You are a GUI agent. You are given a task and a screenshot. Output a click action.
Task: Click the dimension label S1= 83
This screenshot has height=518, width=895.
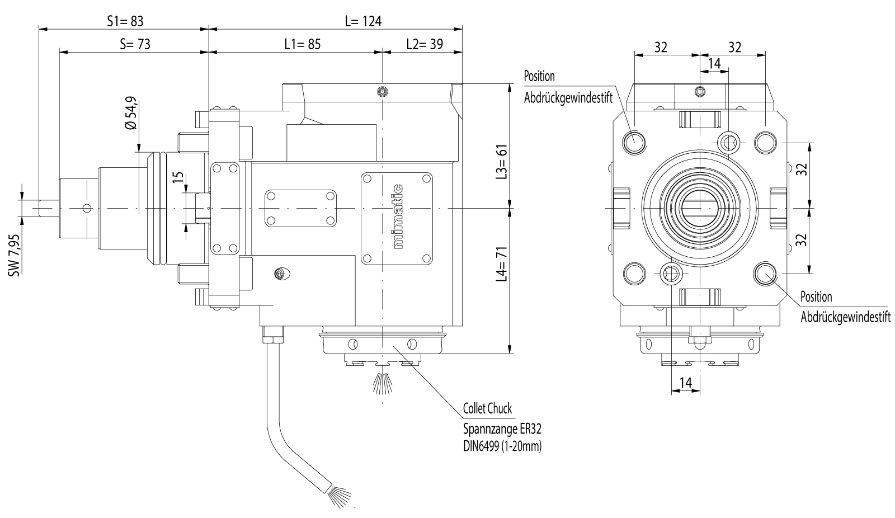[125, 21]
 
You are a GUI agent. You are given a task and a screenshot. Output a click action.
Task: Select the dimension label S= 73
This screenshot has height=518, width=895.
[135, 44]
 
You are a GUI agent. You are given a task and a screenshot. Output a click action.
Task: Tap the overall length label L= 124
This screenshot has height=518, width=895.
[363, 21]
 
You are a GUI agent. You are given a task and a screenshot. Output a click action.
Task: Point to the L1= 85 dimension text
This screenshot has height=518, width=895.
[302, 44]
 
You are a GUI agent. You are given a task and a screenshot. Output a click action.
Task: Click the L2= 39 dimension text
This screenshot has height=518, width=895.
[425, 44]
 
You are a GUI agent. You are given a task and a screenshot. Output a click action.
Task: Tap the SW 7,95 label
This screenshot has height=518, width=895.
[15, 254]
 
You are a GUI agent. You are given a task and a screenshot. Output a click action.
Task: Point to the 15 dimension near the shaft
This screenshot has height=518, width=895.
[178, 177]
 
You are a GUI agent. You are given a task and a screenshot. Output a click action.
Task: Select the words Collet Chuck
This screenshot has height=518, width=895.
[487, 409]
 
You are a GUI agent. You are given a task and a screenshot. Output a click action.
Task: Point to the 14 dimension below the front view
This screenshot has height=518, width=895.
[685, 383]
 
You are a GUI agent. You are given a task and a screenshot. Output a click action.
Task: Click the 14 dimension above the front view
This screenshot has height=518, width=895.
[714, 64]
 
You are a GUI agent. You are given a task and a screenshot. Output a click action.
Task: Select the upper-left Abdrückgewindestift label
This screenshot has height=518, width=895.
[568, 98]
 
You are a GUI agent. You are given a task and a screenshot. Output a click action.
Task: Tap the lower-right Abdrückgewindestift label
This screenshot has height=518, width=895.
[845, 317]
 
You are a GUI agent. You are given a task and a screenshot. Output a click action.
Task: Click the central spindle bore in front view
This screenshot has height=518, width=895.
[700, 208]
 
